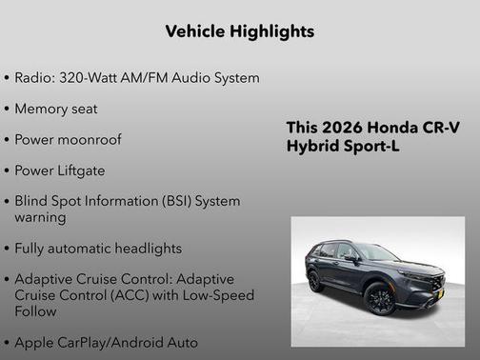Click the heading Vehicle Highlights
point(239,31)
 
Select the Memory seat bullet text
point(56,109)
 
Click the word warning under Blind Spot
point(40,217)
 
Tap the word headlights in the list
point(147,248)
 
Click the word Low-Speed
point(219,295)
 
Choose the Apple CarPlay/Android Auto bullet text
point(107,341)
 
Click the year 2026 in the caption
point(340,128)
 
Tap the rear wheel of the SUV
point(316,281)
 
